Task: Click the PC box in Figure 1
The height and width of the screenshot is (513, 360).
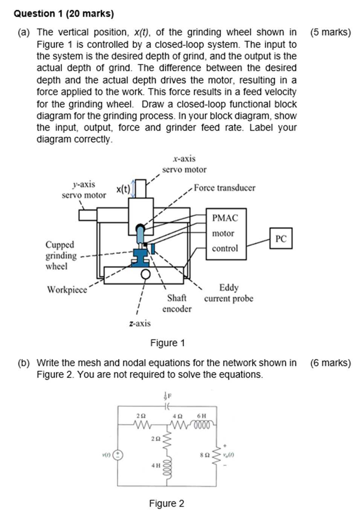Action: pyautogui.click(x=281, y=238)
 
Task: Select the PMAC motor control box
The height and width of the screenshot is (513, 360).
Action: pyautogui.click(x=226, y=234)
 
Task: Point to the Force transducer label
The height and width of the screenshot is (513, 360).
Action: pyautogui.click(x=224, y=188)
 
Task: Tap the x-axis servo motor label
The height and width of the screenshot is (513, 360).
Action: pyautogui.click(x=184, y=164)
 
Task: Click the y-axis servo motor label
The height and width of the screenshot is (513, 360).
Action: pyautogui.click(x=84, y=190)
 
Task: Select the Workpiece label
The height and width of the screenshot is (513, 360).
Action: pyautogui.click(x=67, y=289)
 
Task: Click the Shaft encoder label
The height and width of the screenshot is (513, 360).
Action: pyautogui.click(x=177, y=303)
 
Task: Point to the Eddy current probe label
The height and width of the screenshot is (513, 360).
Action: pyautogui.click(x=229, y=293)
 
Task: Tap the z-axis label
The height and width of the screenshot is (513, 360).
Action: pyautogui.click(x=140, y=323)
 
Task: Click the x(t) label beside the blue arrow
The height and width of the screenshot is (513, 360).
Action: pyautogui.click(x=123, y=189)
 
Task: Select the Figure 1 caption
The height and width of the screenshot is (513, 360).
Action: pyautogui.click(x=167, y=343)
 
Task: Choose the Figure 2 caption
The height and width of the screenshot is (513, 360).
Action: pyautogui.click(x=166, y=503)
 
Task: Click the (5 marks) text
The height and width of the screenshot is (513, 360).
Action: pyautogui.click(x=330, y=32)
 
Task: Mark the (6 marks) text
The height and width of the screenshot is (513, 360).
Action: pyautogui.click(x=330, y=363)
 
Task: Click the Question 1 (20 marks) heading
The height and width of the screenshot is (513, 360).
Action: pyautogui.click(x=64, y=14)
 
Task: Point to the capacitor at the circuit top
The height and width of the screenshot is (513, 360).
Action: pyautogui.click(x=167, y=406)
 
